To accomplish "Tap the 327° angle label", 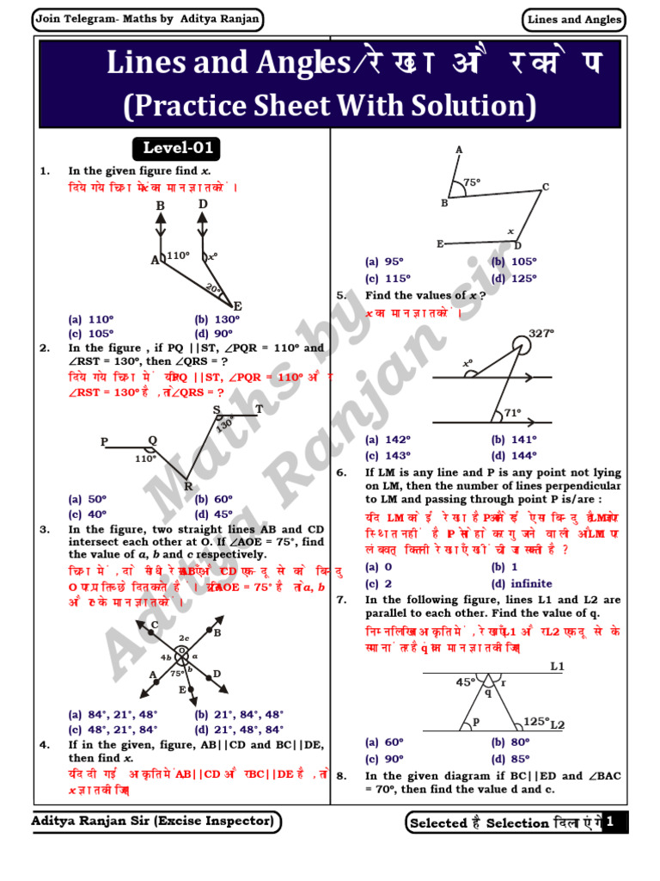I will point(541,333).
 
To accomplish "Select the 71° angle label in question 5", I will point(512,413).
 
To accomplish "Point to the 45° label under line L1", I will point(465,681).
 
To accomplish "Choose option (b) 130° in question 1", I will point(217,319).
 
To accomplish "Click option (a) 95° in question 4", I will point(384,262).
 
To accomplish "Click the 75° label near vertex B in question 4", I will point(472,182).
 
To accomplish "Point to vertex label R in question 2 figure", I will point(188,486).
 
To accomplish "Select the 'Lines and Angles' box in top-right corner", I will point(575,20).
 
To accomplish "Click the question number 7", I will point(341,599).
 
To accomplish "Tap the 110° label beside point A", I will point(177,255).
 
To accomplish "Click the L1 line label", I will point(557,667).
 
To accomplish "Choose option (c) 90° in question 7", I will point(384,759).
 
